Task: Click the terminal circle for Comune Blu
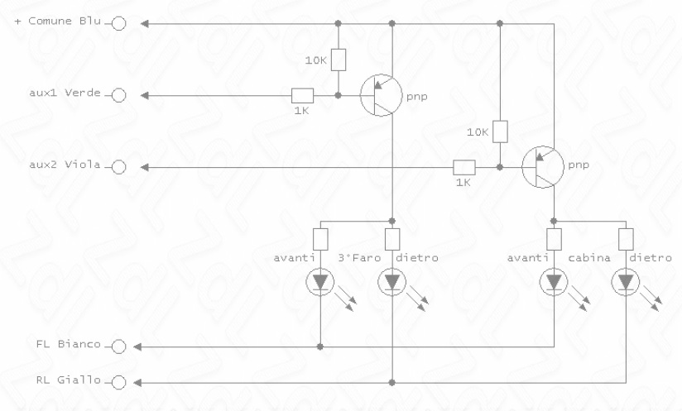coord(118,23)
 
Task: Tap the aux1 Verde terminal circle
coord(118,95)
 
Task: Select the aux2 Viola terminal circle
coord(118,167)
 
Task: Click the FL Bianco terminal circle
coord(118,346)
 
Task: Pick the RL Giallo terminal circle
coord(118,382)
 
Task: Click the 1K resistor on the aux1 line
coord(302,96)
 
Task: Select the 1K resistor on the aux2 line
coord(464,167)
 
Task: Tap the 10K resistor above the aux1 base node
coord(339,60)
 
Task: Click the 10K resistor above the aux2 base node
coord(500,131)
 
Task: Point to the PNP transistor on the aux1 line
coord(382,95)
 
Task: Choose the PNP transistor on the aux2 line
coord(543,167)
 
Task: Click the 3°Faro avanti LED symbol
coord(320,282)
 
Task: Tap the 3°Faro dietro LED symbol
coord(392,282)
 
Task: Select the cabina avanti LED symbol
coord(554,282)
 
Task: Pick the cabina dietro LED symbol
coord(626,282)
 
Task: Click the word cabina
coord(589,258)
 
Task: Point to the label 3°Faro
coord(359,258)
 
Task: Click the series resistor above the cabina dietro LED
coord(626,239)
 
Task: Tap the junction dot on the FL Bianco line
coord(320,346)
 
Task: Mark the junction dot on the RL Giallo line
coord(391,383)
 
